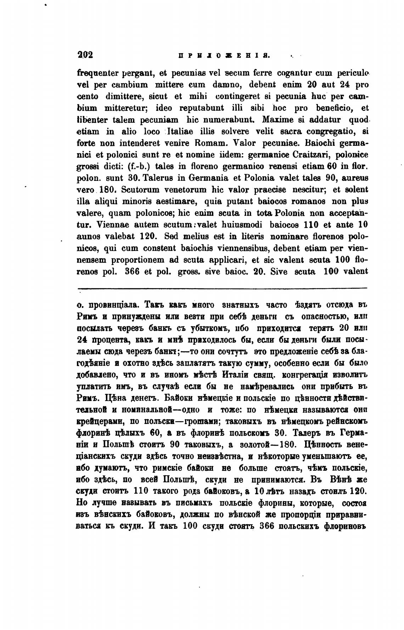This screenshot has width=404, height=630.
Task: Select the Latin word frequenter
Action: [x=95, y=74]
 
